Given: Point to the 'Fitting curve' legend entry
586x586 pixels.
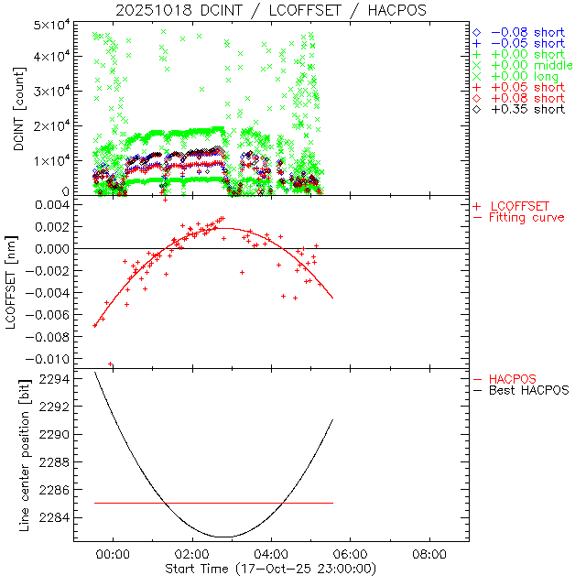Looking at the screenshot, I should tap(526, 217).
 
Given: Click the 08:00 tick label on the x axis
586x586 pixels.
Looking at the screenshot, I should tap(429, 554).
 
